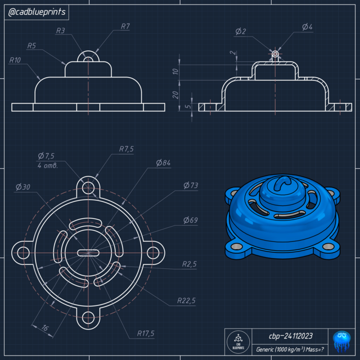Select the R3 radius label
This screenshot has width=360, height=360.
coord(61,31)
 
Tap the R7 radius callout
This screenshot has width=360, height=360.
coord(125,26)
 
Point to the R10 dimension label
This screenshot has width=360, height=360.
coord(16,60)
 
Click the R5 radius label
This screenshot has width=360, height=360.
coord(31,46)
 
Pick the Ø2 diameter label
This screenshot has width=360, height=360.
coord(240,31)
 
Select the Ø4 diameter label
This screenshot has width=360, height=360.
coord(307,27)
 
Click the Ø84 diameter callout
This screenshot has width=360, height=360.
coord(163,163)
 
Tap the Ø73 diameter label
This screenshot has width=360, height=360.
coord(191,185)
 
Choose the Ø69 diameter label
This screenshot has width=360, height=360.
coord(191,220)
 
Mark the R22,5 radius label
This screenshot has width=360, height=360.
coord(185,301)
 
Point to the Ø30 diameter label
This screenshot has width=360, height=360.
coord(23,186)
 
